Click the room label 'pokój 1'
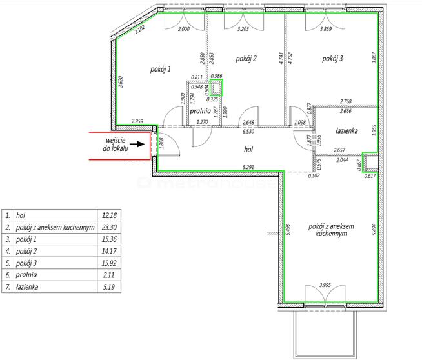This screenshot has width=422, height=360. pyautogui.click(x=161, y=70)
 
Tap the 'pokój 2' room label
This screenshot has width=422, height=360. pyautogui.click(x=246, y=59)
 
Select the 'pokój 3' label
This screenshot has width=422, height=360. pyautogui.click(x=332, y=59)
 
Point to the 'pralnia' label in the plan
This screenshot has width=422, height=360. pyautogui.click(x=200, y=111)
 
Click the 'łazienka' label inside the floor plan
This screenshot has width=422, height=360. pyautogui.click(x=347, y=131)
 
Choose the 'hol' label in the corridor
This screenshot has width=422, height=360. pyautogui.click(x=248, y=149)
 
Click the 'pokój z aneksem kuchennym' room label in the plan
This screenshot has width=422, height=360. pyautogui.click(x=331, y=230)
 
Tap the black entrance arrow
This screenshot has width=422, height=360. pyautogui.click(x=139, y=145)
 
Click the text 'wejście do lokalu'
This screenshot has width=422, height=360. pyautogui.click(x=116, y=145)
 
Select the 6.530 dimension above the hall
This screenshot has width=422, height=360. pyautogui.click(x=248, y=132)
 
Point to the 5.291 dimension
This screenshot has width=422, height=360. pyautogui.click(x=248, y=167)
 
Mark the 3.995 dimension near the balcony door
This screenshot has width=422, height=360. pyautogui.click(x=325, y=285)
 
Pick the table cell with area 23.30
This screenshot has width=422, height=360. pyautogui.click(x=109, y=227)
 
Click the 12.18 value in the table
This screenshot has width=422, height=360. pyautogui.click(x=109, y=215)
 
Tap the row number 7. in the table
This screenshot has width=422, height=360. pyautogui.click(x=8, y=287)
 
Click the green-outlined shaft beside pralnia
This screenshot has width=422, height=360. pyautogui.click(x=216, y=88)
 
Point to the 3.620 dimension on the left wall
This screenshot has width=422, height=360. pyautogui.click(x=121, y=82)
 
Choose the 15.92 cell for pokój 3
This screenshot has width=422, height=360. pyautogui.click(x=109, y=263)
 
